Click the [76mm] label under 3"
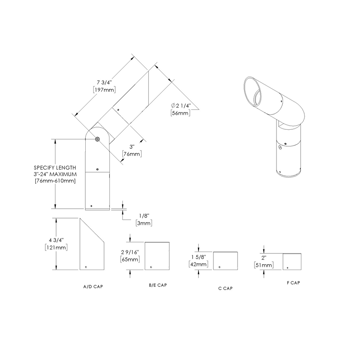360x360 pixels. click(131, 154)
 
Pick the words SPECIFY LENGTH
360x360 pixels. click(55, 168)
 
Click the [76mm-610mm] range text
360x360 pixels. click(55, 181)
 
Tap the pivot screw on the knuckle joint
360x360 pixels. click(98, 139)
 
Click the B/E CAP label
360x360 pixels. click(158, 285)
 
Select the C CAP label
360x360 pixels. click(225, 288)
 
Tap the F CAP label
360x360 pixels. click(293, 283)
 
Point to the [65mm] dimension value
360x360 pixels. click(130, 259)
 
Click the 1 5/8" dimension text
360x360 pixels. click(198, 257)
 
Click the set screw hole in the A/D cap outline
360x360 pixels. click(86, 267)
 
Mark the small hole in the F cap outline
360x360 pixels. click(288, 267)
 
